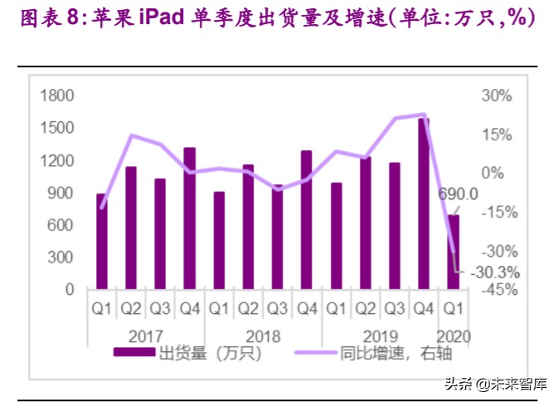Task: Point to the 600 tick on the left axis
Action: (63, 225)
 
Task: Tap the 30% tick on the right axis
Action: (497, 96)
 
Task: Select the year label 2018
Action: (263, 337)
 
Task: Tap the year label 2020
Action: (455, 337)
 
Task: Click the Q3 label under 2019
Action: (395, 310)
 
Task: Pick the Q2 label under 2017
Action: (131, 310)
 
